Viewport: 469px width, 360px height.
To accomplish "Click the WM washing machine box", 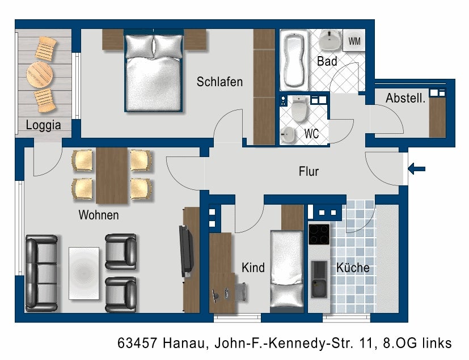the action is (x=354, y=40).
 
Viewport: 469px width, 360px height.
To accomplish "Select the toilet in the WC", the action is (x=299, y=109).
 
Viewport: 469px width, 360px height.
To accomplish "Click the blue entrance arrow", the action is (x=417, y=169).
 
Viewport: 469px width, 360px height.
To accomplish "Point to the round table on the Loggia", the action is (x=40, y=74).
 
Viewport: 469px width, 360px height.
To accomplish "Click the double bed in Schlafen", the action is (x=154, y=71).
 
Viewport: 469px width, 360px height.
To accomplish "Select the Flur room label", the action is (x=309, y=171).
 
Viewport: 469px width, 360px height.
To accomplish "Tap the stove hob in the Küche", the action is (x=319, y=234).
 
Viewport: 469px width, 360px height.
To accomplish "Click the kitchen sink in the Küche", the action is (x=319, y=279).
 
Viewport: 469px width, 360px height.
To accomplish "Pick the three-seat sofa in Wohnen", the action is (x=41, y=273).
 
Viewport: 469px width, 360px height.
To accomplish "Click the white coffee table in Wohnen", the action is (x=84, y=273).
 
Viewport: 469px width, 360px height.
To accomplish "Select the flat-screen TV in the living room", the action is (x=186, y=252).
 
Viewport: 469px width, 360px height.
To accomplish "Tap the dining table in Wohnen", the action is (x=112, y=176).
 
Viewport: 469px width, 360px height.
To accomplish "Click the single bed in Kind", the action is (x=287, y=269).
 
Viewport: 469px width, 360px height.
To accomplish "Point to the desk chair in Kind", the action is (x=241, y=292).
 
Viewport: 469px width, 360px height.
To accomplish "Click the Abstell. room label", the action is (x=405, y=98).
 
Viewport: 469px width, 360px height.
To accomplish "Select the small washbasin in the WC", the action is (x=288, y=134).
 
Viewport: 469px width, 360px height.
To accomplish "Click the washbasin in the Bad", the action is (x=330, y=40).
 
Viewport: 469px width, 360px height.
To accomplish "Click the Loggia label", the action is (x=43, y=125).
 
